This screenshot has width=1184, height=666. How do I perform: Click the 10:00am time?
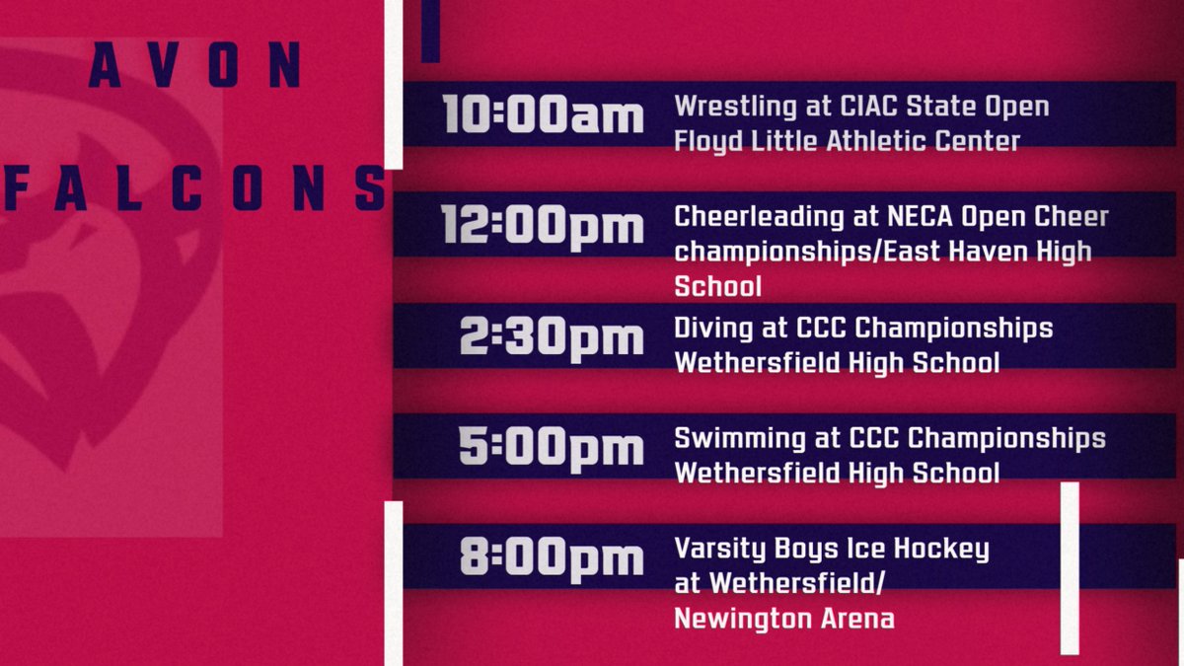(x=543, y=115)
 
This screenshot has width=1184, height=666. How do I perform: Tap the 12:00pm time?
(x=543, y=226)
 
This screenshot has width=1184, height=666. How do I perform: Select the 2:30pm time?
(x=552, y=337)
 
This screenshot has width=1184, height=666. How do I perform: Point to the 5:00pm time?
(x=552, y=448)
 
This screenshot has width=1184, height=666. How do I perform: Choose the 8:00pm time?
(x=552, y=558)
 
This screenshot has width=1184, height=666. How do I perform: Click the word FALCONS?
(x=194, y=188)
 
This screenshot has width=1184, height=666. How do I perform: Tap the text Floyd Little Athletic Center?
(x=847, y=141)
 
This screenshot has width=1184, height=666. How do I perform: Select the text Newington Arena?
(x=784, y=619)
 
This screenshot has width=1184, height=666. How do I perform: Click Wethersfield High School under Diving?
(x=836, y=363)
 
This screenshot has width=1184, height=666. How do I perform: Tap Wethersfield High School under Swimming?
(x=836, y=474)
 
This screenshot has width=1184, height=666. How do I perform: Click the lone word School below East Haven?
(x=717, y=286)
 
